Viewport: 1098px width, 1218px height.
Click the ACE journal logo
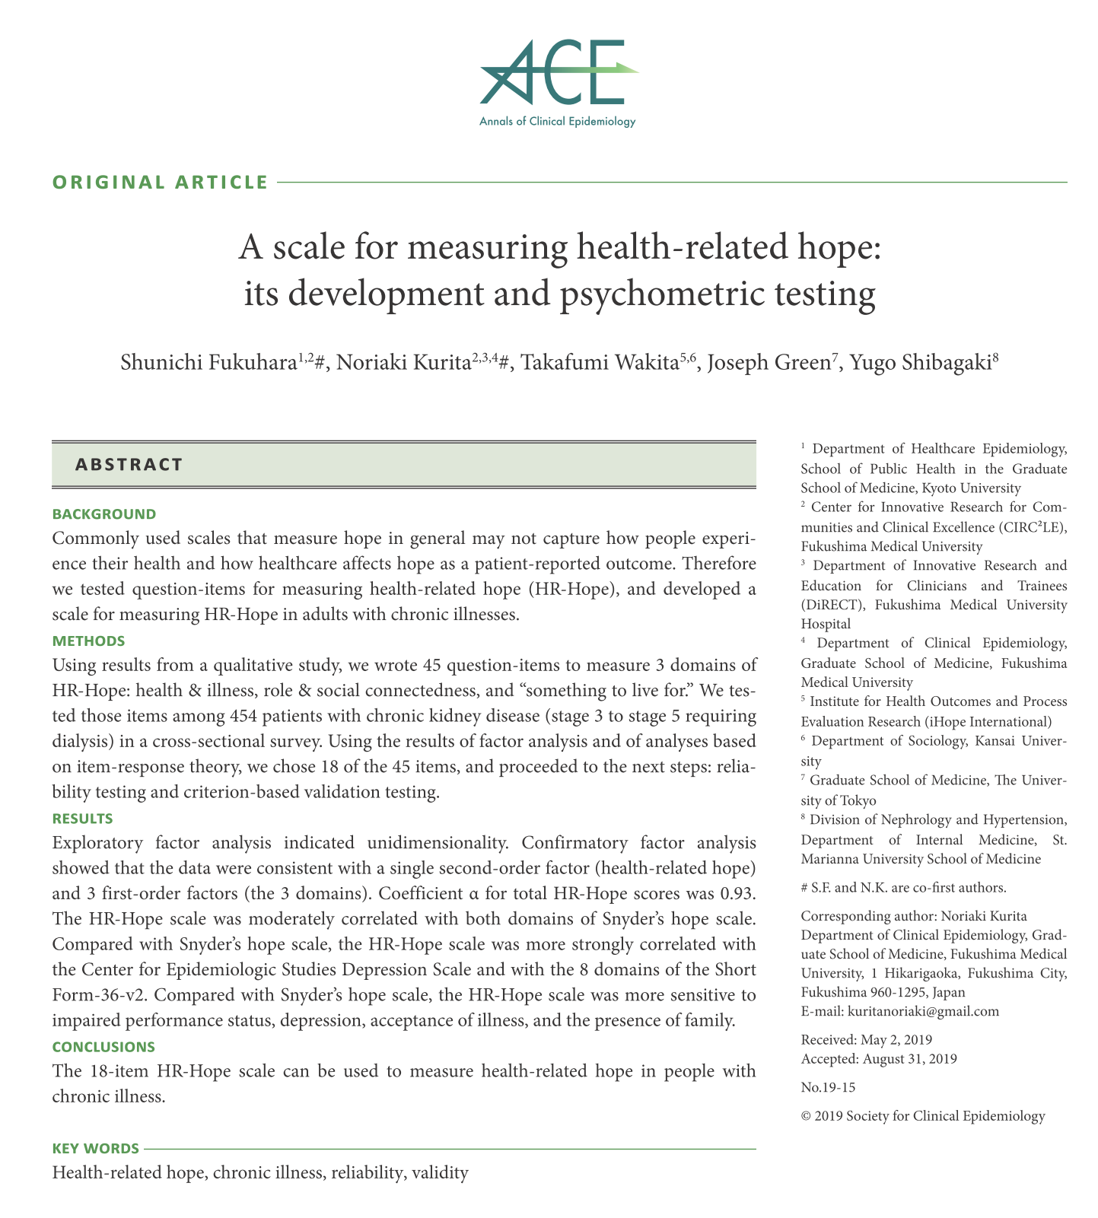click(558, 74)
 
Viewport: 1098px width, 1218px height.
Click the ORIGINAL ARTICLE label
click(160, 183)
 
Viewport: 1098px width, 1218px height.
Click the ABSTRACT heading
click(129, 465)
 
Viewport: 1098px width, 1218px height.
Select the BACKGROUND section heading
click(104, 514)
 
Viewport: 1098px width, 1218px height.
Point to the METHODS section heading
click(89, 641)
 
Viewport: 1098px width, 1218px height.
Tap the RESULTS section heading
click(83, 819)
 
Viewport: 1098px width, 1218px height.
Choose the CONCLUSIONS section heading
click(103, 1047)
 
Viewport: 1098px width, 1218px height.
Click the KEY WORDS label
click(96, 1148)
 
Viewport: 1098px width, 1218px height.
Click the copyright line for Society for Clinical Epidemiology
click(923, 1116)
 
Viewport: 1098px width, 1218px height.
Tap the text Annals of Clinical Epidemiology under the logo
click(557, 122)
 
